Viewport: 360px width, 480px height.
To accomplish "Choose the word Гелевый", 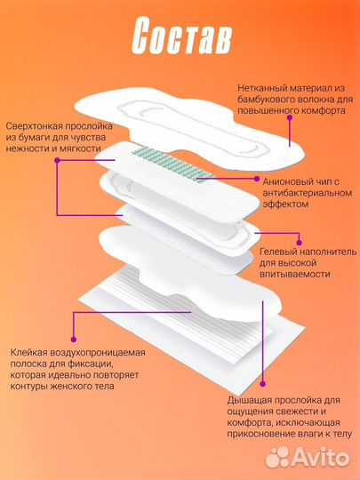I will click(277, 237).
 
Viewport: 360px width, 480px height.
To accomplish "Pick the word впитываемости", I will click(294, 275).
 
